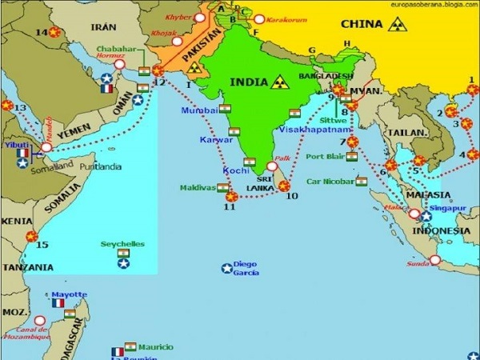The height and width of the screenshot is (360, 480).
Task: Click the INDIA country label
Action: [249, 82]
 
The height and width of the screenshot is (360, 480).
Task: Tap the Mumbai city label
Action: [199, 110]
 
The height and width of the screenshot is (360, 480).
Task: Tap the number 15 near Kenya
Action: [42, 245]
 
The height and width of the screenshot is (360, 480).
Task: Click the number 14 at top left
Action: [41, 32]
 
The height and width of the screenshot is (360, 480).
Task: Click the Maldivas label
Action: [198, 188]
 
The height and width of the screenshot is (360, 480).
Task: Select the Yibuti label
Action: [18, 146]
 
